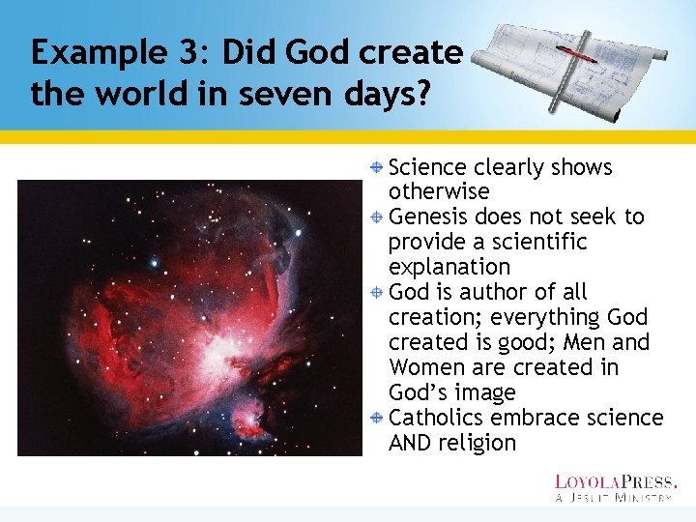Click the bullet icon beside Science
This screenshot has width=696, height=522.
tap(378, 167)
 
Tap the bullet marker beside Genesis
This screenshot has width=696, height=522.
tap(378, 217)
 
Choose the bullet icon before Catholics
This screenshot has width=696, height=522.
tap(378, 418)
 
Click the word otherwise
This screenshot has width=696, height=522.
tap(439, 191)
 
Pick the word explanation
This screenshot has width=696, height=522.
tap(449, 267)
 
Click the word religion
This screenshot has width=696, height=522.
tap(478, 443)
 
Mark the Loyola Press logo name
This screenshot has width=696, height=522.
tap(616, 480)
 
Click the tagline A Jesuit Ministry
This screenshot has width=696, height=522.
tap(614, 497)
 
